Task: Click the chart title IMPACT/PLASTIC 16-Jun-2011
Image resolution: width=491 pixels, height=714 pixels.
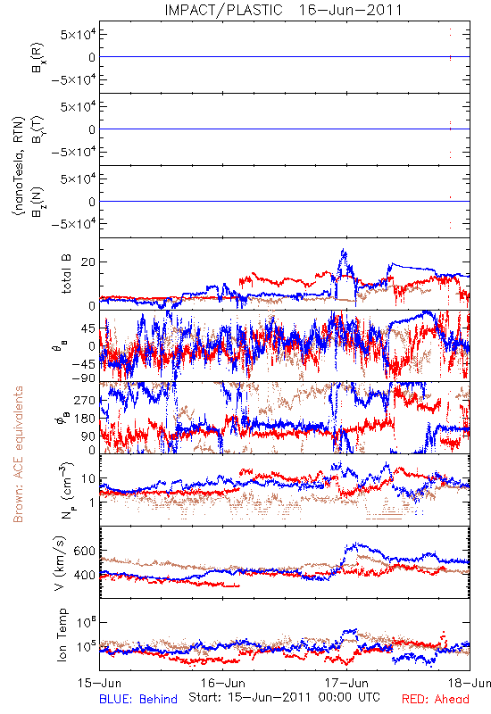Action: (x=283, y=10)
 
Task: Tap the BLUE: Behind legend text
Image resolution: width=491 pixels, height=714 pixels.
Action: (x=138, y=699)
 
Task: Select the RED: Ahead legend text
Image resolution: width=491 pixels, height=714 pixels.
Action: (x=436, y=699)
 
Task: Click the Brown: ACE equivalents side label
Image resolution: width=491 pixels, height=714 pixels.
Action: (x=18, y=454)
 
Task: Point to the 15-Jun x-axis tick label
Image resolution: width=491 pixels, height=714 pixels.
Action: (x=99, y=683)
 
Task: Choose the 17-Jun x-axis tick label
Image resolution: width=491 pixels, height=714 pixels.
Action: (x=346, y=683)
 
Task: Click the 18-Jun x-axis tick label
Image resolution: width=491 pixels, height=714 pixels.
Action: (x=470, y=683)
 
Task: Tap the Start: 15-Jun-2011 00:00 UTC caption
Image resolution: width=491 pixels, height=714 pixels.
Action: (x=284, y=697)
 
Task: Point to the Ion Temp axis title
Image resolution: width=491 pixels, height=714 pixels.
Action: (x=62, y=635)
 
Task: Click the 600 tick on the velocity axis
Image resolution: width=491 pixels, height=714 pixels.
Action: (x=84, y=551)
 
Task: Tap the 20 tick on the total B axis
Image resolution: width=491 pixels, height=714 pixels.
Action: (x=88, y=262)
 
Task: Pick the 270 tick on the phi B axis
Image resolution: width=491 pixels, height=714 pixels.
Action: (x=85, y=401)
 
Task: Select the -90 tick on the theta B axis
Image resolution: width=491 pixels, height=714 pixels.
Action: (x=83, y=378)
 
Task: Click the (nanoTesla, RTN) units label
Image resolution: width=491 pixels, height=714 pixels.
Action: (x=18, y=166)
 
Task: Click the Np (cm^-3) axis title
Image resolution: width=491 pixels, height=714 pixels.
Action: (x=66, y=490)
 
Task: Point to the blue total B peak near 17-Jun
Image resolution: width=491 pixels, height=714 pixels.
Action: (x=343, y=250)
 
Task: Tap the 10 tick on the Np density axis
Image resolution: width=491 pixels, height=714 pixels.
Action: (x=88, y=479)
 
